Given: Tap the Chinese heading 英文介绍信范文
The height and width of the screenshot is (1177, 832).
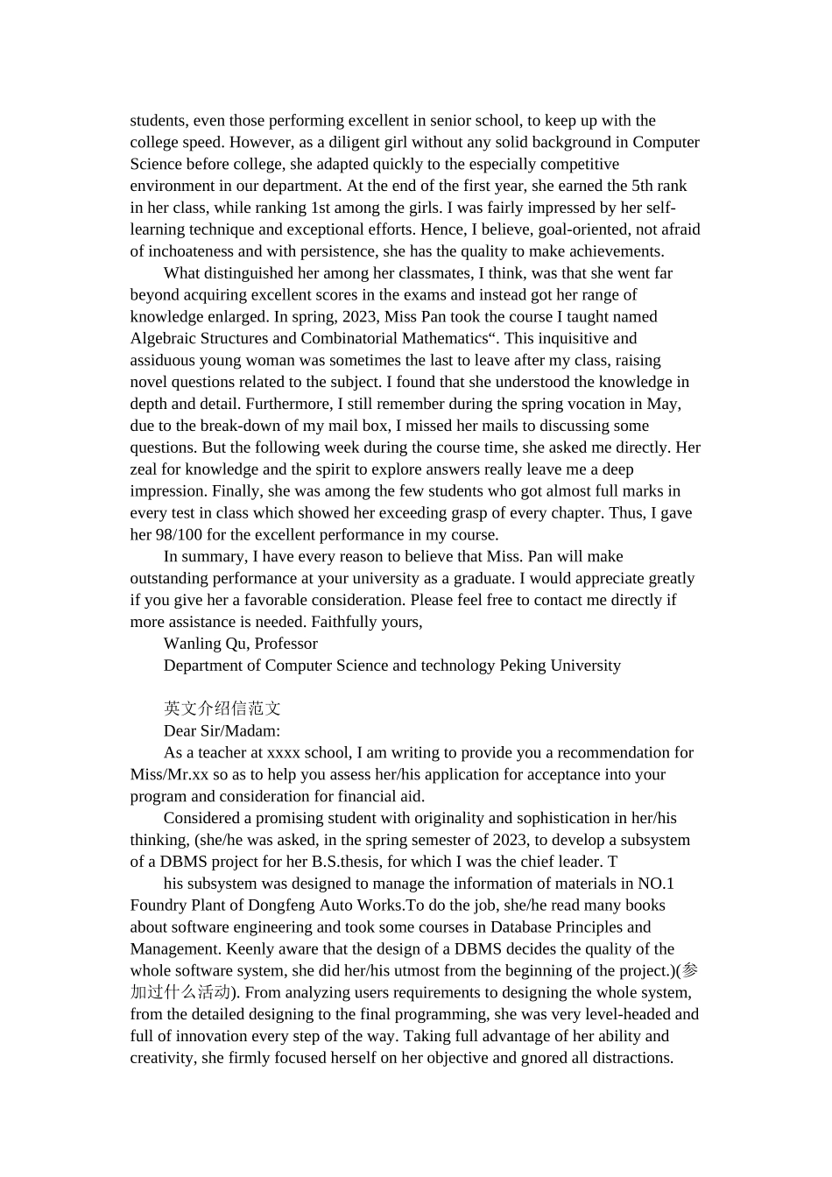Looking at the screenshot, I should point(222,708).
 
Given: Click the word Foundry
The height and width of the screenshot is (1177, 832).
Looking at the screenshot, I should point(159,906).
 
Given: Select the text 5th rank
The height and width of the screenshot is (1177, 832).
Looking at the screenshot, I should point(659,186).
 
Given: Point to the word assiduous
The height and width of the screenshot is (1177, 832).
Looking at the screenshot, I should point(163,361).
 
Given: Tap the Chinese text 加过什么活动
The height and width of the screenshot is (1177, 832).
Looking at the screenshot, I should point(180,992).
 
